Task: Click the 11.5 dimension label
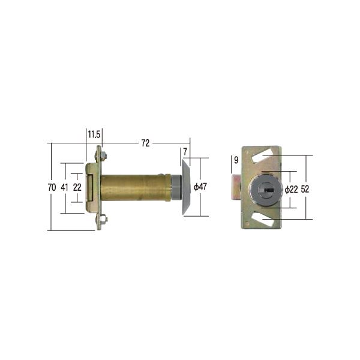pos(94,134)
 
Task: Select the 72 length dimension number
pos(145,143)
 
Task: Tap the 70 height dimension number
pos(52,187)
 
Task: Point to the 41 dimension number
pos(64,187)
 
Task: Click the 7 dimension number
pos(185,152)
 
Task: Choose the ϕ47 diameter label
pos(200,187)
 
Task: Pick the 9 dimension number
pos(236,160)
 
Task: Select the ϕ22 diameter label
pos(291,190)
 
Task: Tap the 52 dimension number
pos(305,189)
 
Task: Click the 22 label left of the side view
pos(77,187)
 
